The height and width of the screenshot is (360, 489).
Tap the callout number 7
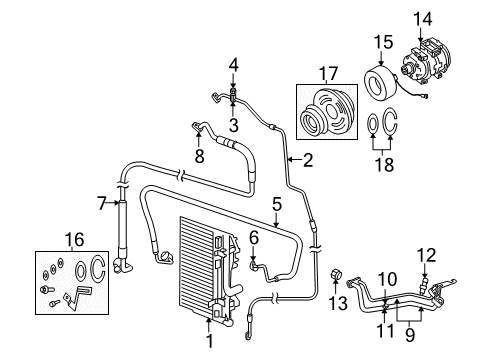click(102, 204)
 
